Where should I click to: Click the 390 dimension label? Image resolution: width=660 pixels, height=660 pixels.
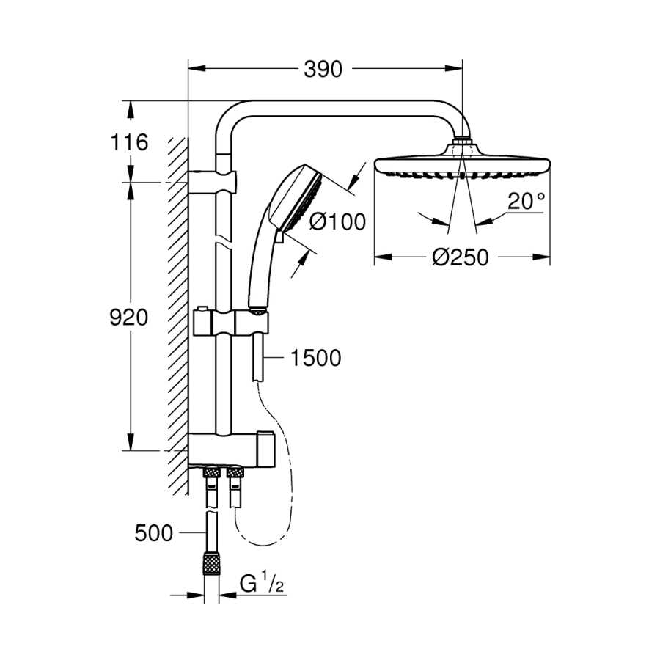(x=323, y=70)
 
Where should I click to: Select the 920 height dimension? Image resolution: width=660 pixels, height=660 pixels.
(x=128, y=318)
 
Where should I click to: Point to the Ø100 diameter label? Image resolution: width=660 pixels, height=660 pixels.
(x=337, y=221)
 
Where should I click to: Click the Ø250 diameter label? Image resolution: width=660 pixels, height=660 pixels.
(x=461, y=257)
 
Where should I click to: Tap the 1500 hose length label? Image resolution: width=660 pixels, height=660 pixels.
(x=316, y=358)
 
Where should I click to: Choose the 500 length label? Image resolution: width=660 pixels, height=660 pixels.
(x=154, y=533)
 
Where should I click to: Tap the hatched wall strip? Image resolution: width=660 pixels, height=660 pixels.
(x=177, y=315)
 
